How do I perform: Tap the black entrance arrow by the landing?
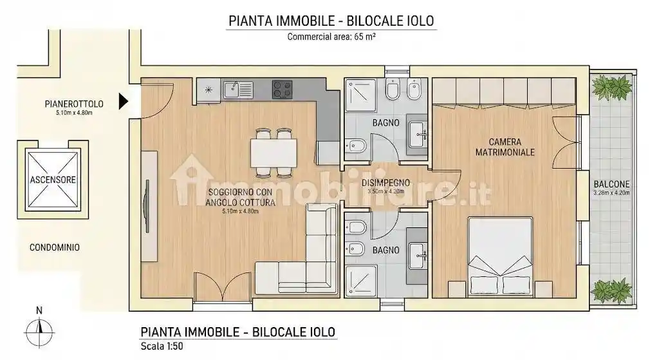(x=124, y=101)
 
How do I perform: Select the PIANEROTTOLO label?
(x=71, y=103)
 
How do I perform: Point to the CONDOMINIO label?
(x=55, y=247)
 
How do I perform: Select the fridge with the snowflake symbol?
(x=208, y=90)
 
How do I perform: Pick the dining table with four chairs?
(x=274, y=153)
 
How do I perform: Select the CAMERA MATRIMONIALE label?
(x=505, y=147)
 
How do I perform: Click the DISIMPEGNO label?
(x=385, y=183)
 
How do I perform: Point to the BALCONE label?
(x=611, y=184)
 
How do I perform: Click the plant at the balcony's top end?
(x=611, y=86)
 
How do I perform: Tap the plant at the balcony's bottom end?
(x=611, y=290)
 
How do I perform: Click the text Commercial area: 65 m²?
(x=331, y=37)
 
